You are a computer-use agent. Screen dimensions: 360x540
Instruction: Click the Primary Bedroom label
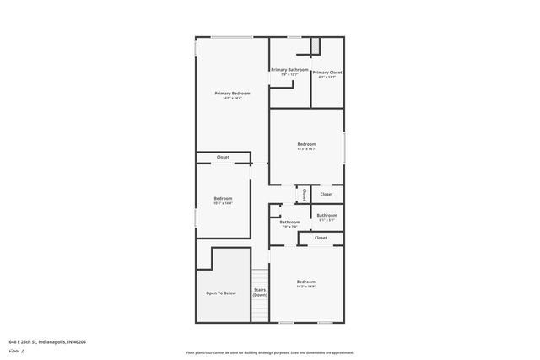click(x=232, y=93)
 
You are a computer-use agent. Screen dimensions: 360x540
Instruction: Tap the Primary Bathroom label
click(x=289, y=69)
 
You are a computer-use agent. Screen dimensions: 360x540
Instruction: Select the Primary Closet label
click(x=327, y=73)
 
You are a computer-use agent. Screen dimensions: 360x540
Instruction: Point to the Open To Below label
click(x=221, y=293)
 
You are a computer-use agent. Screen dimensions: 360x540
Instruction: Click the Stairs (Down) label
click(x=260, y=293)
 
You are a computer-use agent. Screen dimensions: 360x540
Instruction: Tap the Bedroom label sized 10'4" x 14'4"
click(x=223, y=198)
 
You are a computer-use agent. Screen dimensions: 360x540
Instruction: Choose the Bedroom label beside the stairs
click(x=305, y=282)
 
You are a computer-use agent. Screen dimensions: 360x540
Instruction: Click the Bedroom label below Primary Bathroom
click(x=306, y=144)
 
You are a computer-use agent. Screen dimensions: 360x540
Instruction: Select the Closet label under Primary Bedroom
click(x=223, y=157)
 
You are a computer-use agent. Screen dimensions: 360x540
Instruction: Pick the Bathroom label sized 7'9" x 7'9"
click(x=289, y=222)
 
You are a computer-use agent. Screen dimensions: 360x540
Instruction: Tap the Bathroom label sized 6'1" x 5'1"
click(x=327, y=215)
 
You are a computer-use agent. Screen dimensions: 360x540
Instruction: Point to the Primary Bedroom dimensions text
click(x=232, y=99)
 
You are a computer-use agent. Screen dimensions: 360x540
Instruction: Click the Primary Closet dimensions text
click(x=327, y=78)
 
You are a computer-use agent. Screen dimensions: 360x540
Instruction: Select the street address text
click(x=47, y=341)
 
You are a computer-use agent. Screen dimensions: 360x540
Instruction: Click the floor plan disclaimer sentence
click(x=270, y=352)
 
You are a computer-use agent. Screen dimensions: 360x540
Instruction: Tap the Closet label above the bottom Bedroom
click(x=321, y=238)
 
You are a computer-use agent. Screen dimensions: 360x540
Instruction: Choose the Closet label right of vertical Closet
click(x=326, y=194)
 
